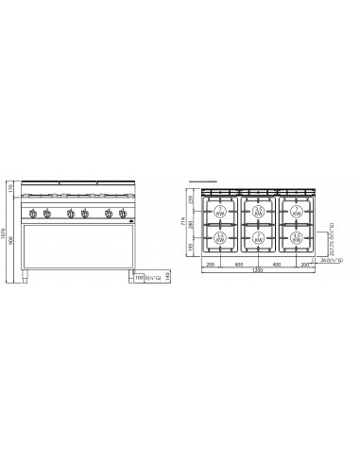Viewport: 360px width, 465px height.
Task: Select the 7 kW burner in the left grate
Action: point(220,210)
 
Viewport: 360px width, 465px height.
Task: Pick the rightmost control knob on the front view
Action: point(123,213)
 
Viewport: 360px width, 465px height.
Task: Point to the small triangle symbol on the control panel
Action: point(131,214)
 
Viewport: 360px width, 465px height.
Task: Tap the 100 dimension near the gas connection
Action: point(138,279)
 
